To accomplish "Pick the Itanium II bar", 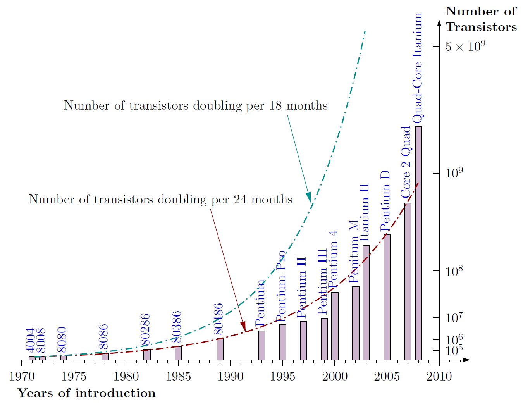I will coord(366,302).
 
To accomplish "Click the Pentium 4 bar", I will coord(335,326).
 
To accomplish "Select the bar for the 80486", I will coord(220,349).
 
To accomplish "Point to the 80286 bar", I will coord(147,354).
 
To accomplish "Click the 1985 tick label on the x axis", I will coord(178,376).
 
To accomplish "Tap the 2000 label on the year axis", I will coord(335,376).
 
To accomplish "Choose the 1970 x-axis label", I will coord(22,376).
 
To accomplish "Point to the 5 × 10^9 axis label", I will coord(465,47).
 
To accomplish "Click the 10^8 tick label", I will coord(454,271).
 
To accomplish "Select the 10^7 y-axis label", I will coord(454,318).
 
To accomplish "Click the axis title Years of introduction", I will coord(87,393).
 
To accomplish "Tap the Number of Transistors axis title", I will coord(481,19).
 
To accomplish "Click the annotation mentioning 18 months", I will coord(196,105).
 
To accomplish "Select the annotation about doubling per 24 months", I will coord(160,199).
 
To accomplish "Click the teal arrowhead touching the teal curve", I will coord(309,197).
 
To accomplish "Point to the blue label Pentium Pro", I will coord(281,287).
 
